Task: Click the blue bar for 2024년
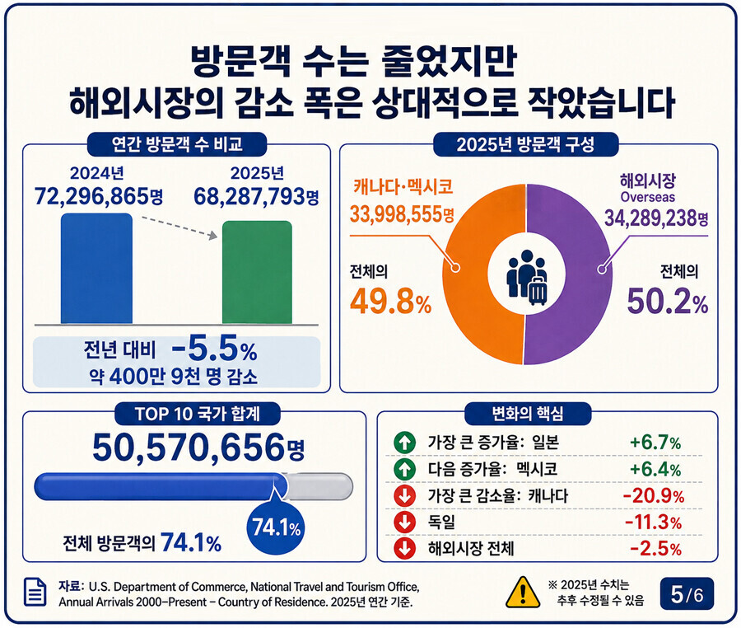(96, 268)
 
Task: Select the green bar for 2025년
(257, 272)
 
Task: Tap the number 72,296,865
(91, 196)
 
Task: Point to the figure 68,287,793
(249, 196)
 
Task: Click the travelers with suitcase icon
(527, 277)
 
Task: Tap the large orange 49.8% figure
(391, 302)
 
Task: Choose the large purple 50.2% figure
(667, 302)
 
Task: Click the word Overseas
(647, 197)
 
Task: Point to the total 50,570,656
(189, 447)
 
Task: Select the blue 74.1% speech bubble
(276, 526)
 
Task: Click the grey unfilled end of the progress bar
(320, 486)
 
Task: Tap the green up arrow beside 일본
(404, 443)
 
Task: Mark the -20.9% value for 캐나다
(654, 496)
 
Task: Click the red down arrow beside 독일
(404, 523)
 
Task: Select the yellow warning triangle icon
(523, 592)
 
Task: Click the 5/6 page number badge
(687, 594)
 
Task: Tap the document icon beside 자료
(35, 592)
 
